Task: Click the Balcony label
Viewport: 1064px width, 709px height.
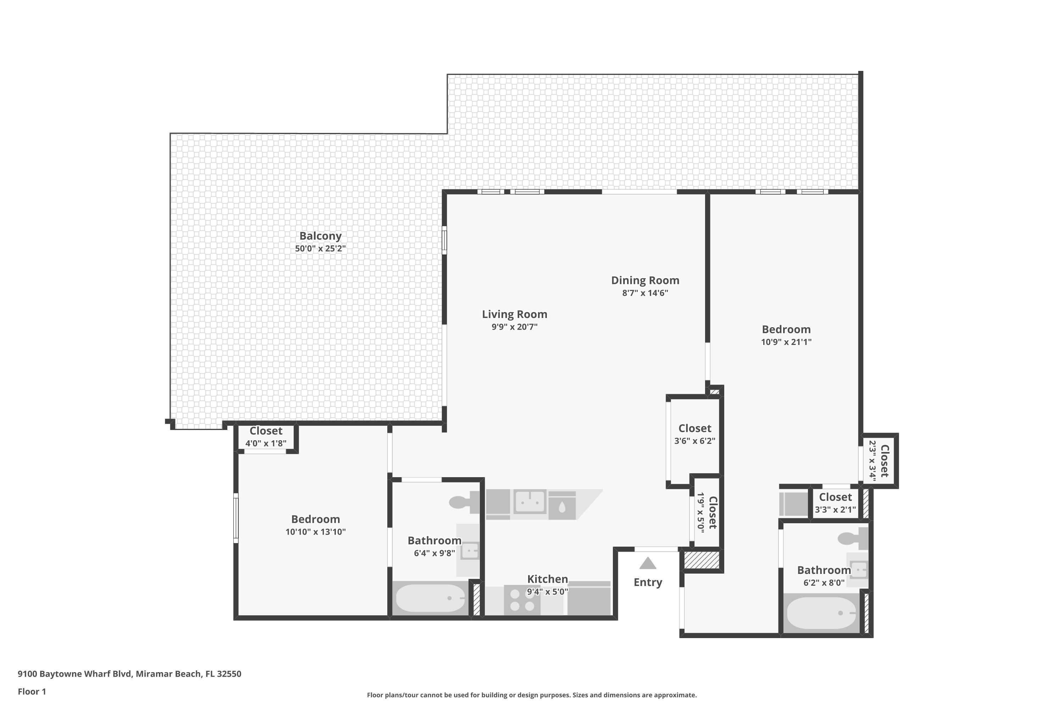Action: click(x=320, y=236)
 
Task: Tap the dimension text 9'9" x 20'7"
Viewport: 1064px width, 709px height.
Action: click(x=514, y=327)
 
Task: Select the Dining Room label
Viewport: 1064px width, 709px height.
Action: click(x=645, y=280)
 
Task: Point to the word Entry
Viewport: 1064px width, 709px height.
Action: click(x=648, y=582)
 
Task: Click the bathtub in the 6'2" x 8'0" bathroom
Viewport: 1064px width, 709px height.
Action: click(x=821, y=614)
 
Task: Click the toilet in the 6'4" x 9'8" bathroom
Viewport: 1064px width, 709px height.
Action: click(x=464, y=502)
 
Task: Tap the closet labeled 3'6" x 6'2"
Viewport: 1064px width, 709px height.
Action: click(x=694, y=434)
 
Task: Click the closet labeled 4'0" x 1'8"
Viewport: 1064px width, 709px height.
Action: click(x=266, y=437)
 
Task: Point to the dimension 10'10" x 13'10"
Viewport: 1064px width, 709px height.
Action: click(x=315, y=532)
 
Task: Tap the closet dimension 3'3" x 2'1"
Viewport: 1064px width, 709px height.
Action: click(x=835, y=510)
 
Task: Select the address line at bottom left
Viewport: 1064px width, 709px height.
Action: click(x=129, y=674)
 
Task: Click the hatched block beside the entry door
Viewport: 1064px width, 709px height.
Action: click(x=701, y=560)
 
